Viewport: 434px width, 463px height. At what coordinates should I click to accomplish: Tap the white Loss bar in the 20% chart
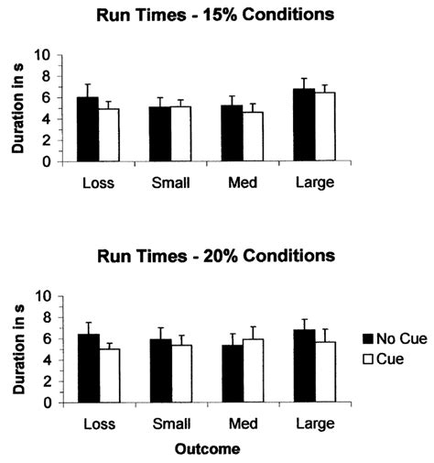(109, 375)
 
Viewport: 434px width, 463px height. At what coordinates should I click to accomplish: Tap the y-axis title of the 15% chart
(15, 107)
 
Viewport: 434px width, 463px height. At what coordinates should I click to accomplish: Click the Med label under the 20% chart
(242, 424)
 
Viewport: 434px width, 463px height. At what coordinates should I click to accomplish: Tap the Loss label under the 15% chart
(97, 182)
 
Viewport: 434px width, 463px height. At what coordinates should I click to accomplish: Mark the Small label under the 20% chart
(170, 424)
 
